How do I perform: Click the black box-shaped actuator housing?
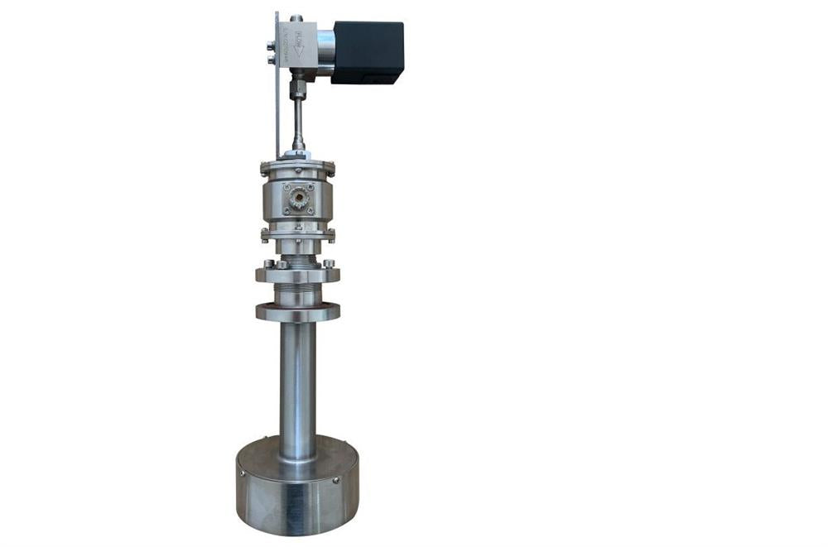(x=368, y=51)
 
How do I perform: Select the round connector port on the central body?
(x=297, y=199)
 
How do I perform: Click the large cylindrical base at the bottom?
(x=297, y=488)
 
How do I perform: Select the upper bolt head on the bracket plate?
(x=272, y=46)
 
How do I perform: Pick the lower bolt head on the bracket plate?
(x=272, y=59)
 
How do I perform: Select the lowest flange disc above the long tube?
(x=297, y=313)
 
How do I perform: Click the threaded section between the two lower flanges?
(x=297, y=292)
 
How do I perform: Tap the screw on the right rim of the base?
(x=335, y=480)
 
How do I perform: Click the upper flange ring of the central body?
(x=297, y=169)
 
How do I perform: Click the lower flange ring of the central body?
(x=297, y=234)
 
